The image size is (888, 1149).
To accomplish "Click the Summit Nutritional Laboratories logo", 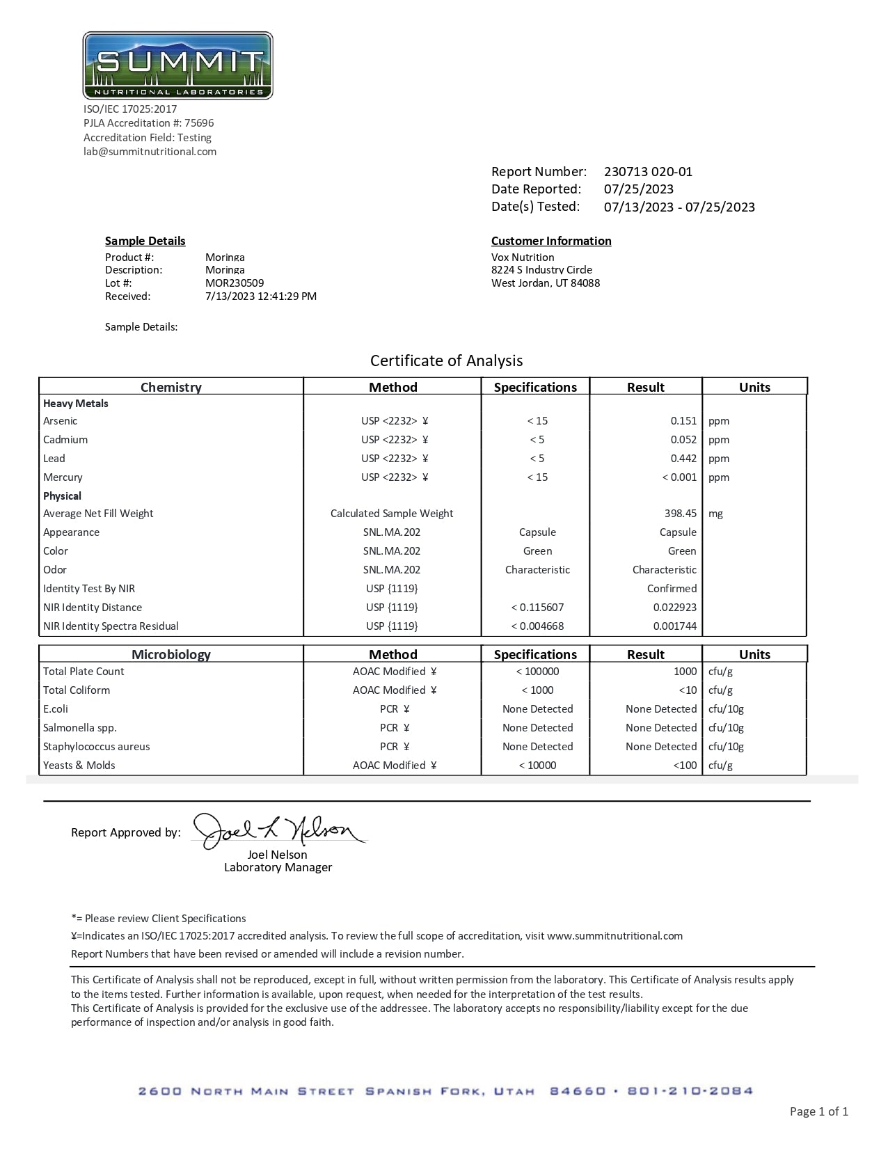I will coord(177,65).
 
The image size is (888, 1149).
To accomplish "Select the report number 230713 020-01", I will coord(648,172).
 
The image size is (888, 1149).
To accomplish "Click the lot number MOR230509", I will coord(235,283).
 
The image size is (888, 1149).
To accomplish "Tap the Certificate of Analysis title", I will coord(446,360).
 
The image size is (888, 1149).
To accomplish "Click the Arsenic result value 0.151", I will coord(683,421).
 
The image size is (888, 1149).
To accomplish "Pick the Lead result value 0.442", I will coord(683,459).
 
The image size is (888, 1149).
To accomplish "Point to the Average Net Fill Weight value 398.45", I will coord(680,514).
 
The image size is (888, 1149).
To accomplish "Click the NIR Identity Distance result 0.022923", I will coord(674,608).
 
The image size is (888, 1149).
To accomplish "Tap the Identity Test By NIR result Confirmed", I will coord(672,589).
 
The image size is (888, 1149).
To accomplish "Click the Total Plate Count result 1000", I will coord(685,672).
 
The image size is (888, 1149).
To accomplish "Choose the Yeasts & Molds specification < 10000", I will coord(537,766).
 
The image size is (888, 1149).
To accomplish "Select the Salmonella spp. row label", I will coord(80,728).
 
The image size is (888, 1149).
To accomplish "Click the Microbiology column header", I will coord(171,654).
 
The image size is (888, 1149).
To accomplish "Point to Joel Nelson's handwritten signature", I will coord(278,831).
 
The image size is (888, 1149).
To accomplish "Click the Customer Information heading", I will coord(551,241).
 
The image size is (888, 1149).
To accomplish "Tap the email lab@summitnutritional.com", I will coord(150,152).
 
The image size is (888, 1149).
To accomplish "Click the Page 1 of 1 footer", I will coord(818,1111).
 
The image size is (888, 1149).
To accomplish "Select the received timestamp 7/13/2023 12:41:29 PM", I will coord(261,296).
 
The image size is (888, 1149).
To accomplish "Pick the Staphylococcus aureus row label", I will coord(97,747).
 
